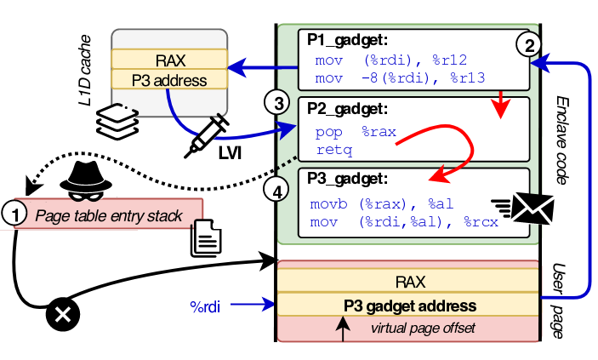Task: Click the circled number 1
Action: pyautogui.click(x=13, y=215)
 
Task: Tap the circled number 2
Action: pyautogui.click(x=528, y=44)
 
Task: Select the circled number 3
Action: pyautogui.click(x=276, y=104)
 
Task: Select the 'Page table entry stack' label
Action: pyautogui.click(x=108, y=216)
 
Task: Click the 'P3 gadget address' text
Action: pyautogui.click(x=409, y=305)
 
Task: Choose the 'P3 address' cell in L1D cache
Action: pyautogui.click(x=169, y=81)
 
